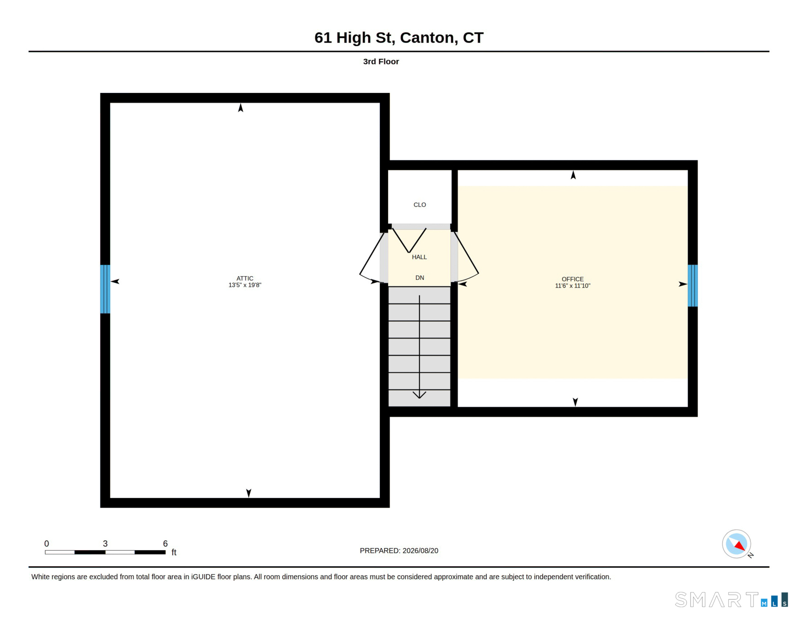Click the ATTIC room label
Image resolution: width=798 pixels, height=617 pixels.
coord(245,278)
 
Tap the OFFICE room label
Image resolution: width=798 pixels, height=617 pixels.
coord(573,279)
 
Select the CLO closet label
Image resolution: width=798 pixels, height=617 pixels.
coord(420,205)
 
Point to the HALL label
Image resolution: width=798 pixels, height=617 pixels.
coord(419,257)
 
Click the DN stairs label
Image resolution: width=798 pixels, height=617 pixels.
coord(420,278)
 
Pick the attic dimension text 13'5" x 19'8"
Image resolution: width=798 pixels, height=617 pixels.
coord(245,285)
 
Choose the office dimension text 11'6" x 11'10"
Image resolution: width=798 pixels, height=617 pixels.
coord(573,286)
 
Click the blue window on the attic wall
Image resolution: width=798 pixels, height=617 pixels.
coord(105,289)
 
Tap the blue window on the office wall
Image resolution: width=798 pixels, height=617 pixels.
coord(693,286)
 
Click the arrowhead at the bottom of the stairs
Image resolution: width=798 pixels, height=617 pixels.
coord(419,395)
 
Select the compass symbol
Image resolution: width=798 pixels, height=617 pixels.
coord(737,544)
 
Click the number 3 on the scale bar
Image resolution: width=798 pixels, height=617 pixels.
coord(105,544)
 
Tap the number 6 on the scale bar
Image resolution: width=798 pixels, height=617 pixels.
coord(165,544)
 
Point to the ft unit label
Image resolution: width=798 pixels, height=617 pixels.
coord(174,552)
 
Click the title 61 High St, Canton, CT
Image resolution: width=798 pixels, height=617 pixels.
coord(399,37)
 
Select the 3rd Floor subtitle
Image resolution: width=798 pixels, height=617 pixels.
coord(381,61)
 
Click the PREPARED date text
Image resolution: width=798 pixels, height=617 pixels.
coord(399,550)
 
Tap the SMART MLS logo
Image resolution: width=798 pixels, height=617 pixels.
coord(731,599)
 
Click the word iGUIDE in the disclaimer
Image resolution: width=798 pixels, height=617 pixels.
coord(203,577)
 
